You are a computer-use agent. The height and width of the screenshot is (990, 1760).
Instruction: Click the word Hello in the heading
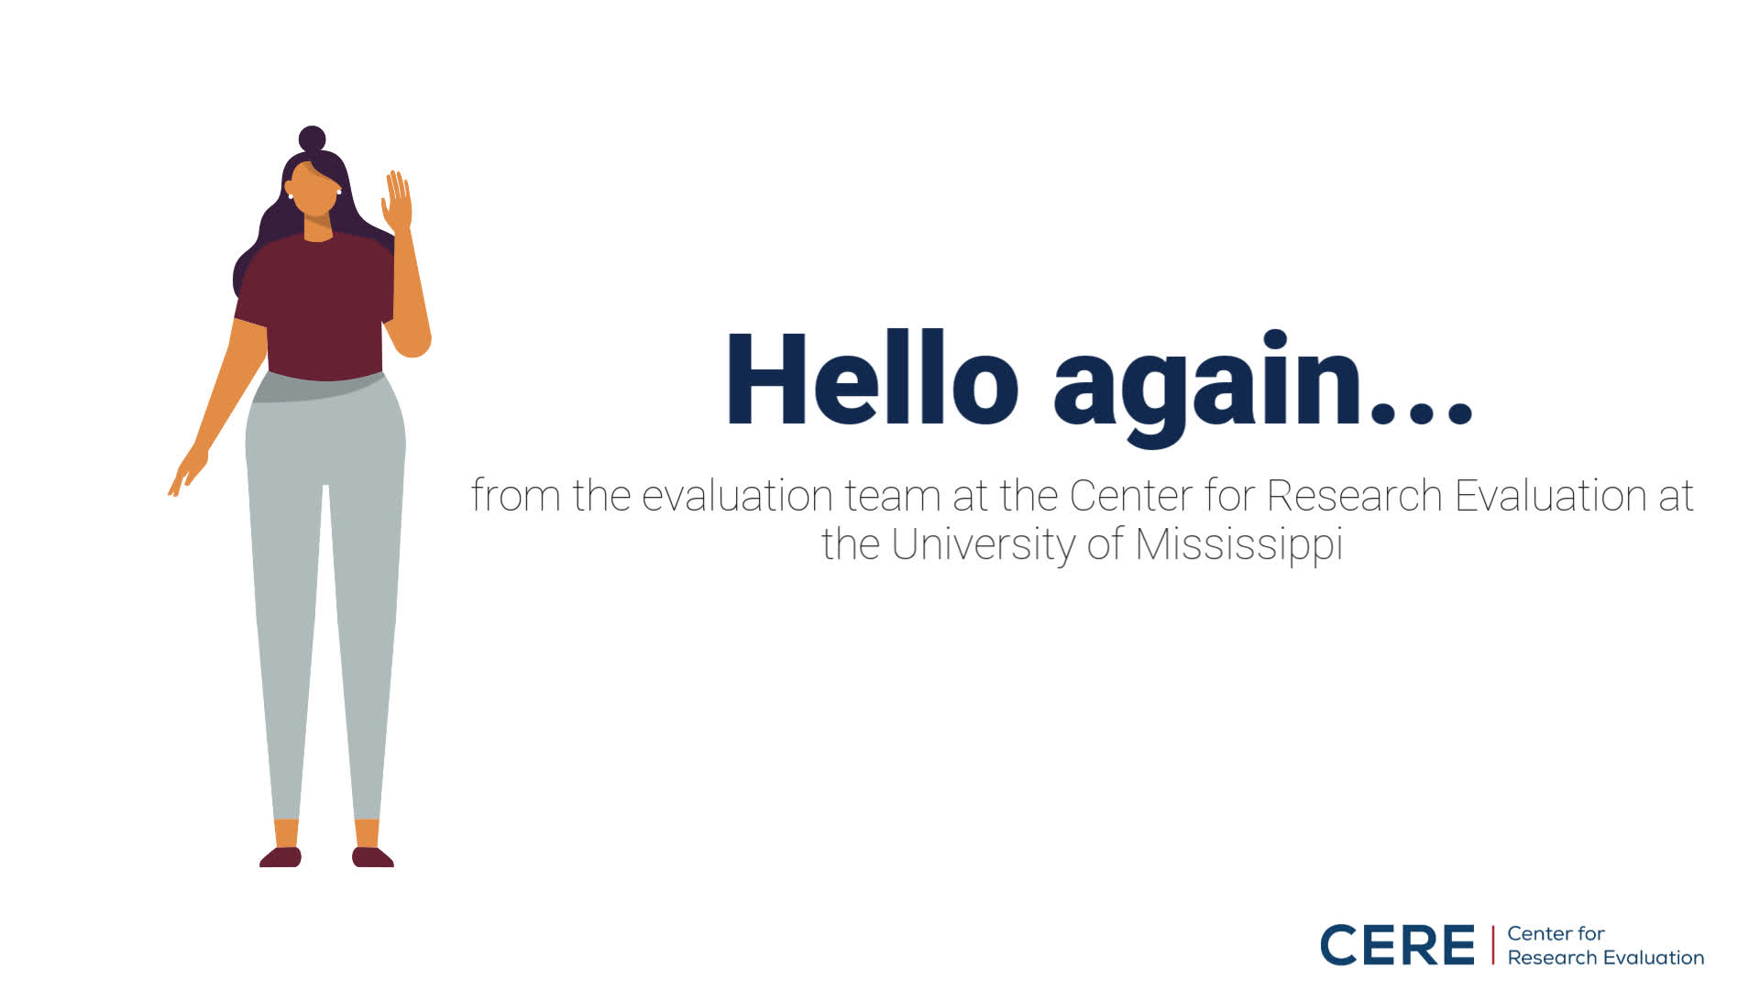click(872, 379)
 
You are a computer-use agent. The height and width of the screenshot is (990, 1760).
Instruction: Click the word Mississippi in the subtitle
click(1238, 544)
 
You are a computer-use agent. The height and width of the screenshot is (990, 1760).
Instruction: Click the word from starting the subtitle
click(515, 495)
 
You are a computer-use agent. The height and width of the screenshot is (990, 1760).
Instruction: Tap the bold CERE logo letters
click(1397, 945)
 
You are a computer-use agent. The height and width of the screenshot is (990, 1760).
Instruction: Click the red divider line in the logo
click(1492, 945)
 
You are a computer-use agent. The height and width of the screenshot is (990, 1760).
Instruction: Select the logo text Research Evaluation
click(1605, 958)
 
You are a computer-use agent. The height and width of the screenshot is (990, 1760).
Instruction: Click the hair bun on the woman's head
click(313, 138)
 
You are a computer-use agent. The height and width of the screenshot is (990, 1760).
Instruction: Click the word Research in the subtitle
click(1355, 496)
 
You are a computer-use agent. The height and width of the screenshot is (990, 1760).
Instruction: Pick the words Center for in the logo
click(1556, 934)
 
